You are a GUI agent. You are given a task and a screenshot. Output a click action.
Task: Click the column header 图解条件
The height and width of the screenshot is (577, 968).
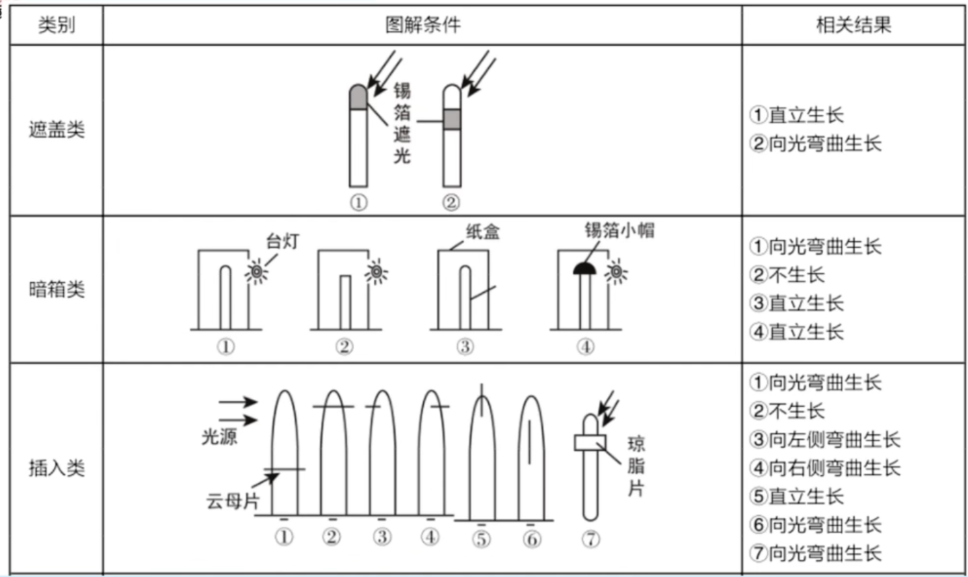(x=423, y=25)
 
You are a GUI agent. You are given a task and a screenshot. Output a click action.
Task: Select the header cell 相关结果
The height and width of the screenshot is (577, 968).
(x=854, y=25)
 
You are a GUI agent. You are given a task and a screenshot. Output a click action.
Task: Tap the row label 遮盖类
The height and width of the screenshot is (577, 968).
(x=57, y=129)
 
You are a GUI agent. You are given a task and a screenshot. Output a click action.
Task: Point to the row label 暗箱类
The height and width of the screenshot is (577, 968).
(x=57, y=289)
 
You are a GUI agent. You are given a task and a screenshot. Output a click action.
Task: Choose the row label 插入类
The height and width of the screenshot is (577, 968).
(x=57, y=468)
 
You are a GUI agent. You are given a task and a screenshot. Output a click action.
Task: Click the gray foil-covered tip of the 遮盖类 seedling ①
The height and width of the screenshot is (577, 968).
(x=358, y=98)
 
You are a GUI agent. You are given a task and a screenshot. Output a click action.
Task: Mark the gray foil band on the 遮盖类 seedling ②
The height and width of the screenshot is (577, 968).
(x=452, y=120)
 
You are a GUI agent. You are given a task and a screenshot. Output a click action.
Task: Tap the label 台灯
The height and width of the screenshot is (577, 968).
(x=282, y=241)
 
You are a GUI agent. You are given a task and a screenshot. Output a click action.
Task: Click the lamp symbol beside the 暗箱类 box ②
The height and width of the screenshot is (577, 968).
(x=376, y=272)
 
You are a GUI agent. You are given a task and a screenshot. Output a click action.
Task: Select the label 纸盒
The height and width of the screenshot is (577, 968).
(x=482, y=232)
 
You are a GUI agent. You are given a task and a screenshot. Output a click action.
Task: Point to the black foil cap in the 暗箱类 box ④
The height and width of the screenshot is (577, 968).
(x=584, y=269)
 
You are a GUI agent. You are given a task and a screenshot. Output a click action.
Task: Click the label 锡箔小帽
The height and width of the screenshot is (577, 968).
(x=620, y=230)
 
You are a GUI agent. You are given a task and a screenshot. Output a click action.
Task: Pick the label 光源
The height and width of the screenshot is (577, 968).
(x=219, y=437)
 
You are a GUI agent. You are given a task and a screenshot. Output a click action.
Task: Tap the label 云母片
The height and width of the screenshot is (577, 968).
(x=233, y=502)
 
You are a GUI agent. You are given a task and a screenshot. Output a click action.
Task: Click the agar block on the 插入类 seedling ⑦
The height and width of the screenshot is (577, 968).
(x=590, y=443)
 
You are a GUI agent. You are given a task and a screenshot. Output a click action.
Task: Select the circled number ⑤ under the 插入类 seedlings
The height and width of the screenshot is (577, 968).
(x=482, y=539)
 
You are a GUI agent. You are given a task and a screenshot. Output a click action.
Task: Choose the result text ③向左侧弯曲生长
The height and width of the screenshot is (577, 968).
(x=825, y=440)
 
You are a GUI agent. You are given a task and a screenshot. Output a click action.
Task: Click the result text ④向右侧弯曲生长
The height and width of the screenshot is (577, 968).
(x=825, y=468)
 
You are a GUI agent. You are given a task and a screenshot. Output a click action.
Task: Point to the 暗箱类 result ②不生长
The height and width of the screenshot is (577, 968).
(x=787, y=275)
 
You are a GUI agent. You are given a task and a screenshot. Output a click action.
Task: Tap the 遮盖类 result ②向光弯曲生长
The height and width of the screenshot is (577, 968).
(x=815, y=144)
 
